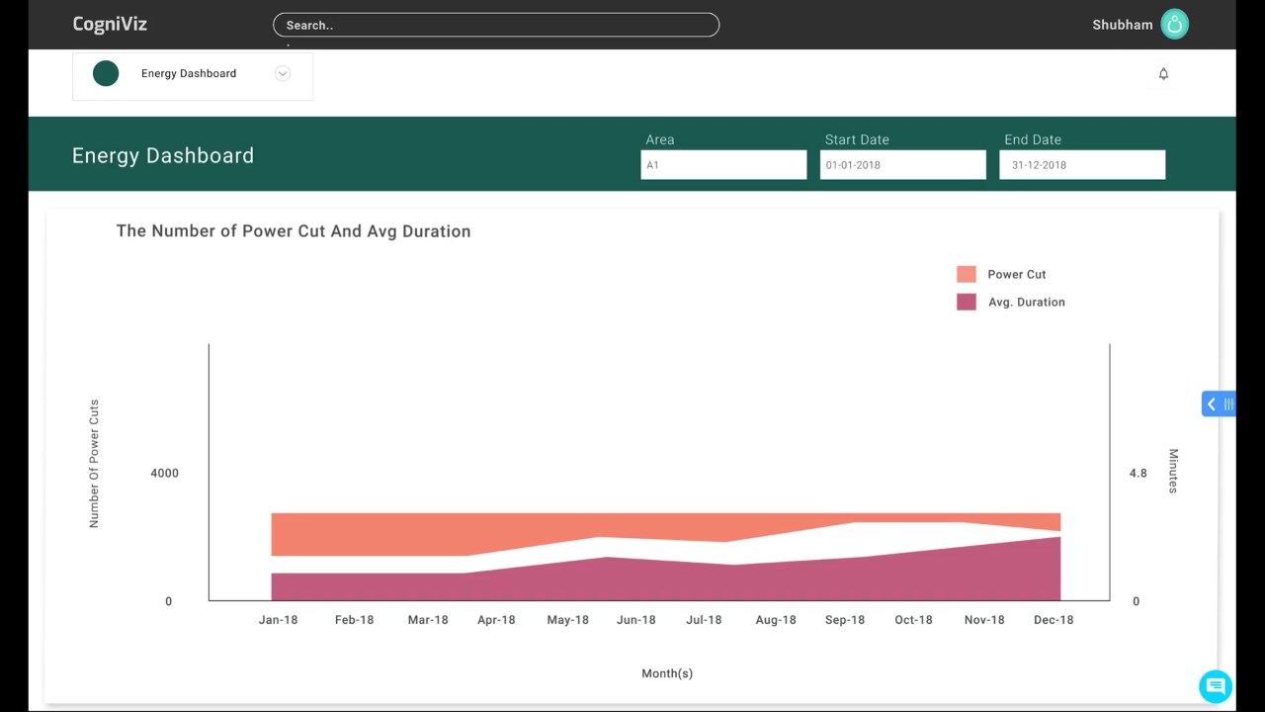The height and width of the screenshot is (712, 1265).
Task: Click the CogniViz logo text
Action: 110,25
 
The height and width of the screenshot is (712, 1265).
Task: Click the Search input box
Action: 496,25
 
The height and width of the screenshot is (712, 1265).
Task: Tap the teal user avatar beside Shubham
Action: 1175,25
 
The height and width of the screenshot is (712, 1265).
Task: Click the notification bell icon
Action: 1163,74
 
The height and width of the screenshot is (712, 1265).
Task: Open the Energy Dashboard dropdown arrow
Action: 283,73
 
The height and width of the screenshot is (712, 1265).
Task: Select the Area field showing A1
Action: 723,165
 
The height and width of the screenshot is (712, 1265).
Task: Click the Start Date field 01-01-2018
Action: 903,165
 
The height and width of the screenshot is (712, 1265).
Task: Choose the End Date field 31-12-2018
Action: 1082,165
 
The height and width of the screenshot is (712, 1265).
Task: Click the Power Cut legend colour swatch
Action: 967,274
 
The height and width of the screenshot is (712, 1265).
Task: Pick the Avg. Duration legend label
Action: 1027,303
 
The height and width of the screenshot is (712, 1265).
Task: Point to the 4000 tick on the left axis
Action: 164,473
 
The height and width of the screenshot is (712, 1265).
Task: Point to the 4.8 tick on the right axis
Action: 1138,473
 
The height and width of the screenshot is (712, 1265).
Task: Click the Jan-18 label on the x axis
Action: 278,620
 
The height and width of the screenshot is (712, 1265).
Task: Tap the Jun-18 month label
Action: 635,620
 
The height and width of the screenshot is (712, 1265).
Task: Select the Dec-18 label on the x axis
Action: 1054,620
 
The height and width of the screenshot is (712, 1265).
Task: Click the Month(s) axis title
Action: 667,673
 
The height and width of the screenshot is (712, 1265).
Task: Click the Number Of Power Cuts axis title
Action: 94,464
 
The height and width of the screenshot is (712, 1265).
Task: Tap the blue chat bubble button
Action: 1216,686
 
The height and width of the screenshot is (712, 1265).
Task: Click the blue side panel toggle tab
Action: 1219,404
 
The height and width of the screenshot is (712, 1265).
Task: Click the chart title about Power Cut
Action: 294,231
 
